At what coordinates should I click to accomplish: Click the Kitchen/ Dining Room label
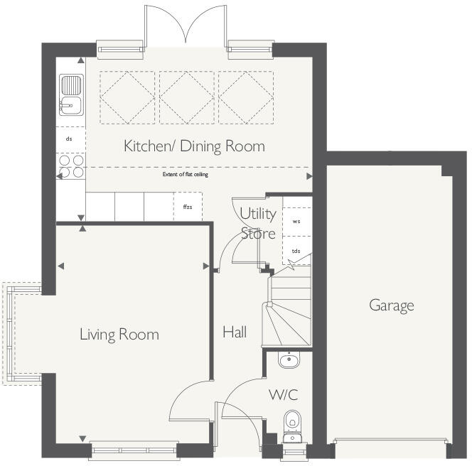[194, 146]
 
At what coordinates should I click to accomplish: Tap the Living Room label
[119, 334]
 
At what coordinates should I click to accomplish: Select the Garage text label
[391, 305]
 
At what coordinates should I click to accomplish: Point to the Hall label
[235, 332]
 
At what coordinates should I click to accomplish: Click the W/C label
[283, 394]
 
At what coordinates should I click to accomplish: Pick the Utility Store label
[257, 223]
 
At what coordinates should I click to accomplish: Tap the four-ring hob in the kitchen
[70, 167]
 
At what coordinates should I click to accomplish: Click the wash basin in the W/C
[288, 361]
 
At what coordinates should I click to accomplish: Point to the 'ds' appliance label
[69, 139]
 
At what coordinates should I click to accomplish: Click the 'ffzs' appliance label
[188, 207]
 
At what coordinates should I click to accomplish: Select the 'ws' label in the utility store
[296, 221]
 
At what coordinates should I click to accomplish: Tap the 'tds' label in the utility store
[296, 251]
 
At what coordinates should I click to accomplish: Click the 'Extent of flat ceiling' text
[185, 174]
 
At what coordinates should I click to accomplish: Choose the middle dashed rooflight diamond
[188, 98]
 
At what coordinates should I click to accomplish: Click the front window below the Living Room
[134, 448]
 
